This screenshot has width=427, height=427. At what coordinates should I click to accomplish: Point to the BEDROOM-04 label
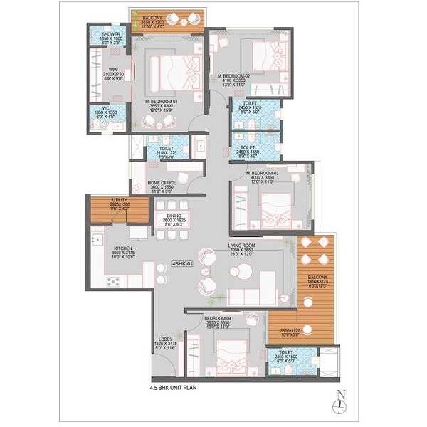[x=219, y=318]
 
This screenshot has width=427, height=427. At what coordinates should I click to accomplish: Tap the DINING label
[x=175, y=214]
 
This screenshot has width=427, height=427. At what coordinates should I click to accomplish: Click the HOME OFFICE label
[x=162, y=182]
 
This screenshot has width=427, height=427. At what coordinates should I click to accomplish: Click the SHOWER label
[x=110, y=33]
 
